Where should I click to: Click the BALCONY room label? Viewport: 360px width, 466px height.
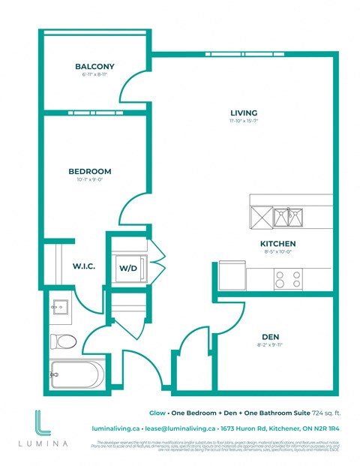pos(94,67)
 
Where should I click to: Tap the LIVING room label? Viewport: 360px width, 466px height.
pos(244,113)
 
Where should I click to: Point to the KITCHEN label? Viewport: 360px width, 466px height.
pos(277,244)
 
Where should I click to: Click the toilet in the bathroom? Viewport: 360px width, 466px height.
pos(64,341)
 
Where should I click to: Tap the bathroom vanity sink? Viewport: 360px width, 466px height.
pos(61,308)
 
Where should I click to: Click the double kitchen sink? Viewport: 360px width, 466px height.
pos(286,218)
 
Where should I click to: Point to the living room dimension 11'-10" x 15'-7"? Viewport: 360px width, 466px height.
pos(244,122)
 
